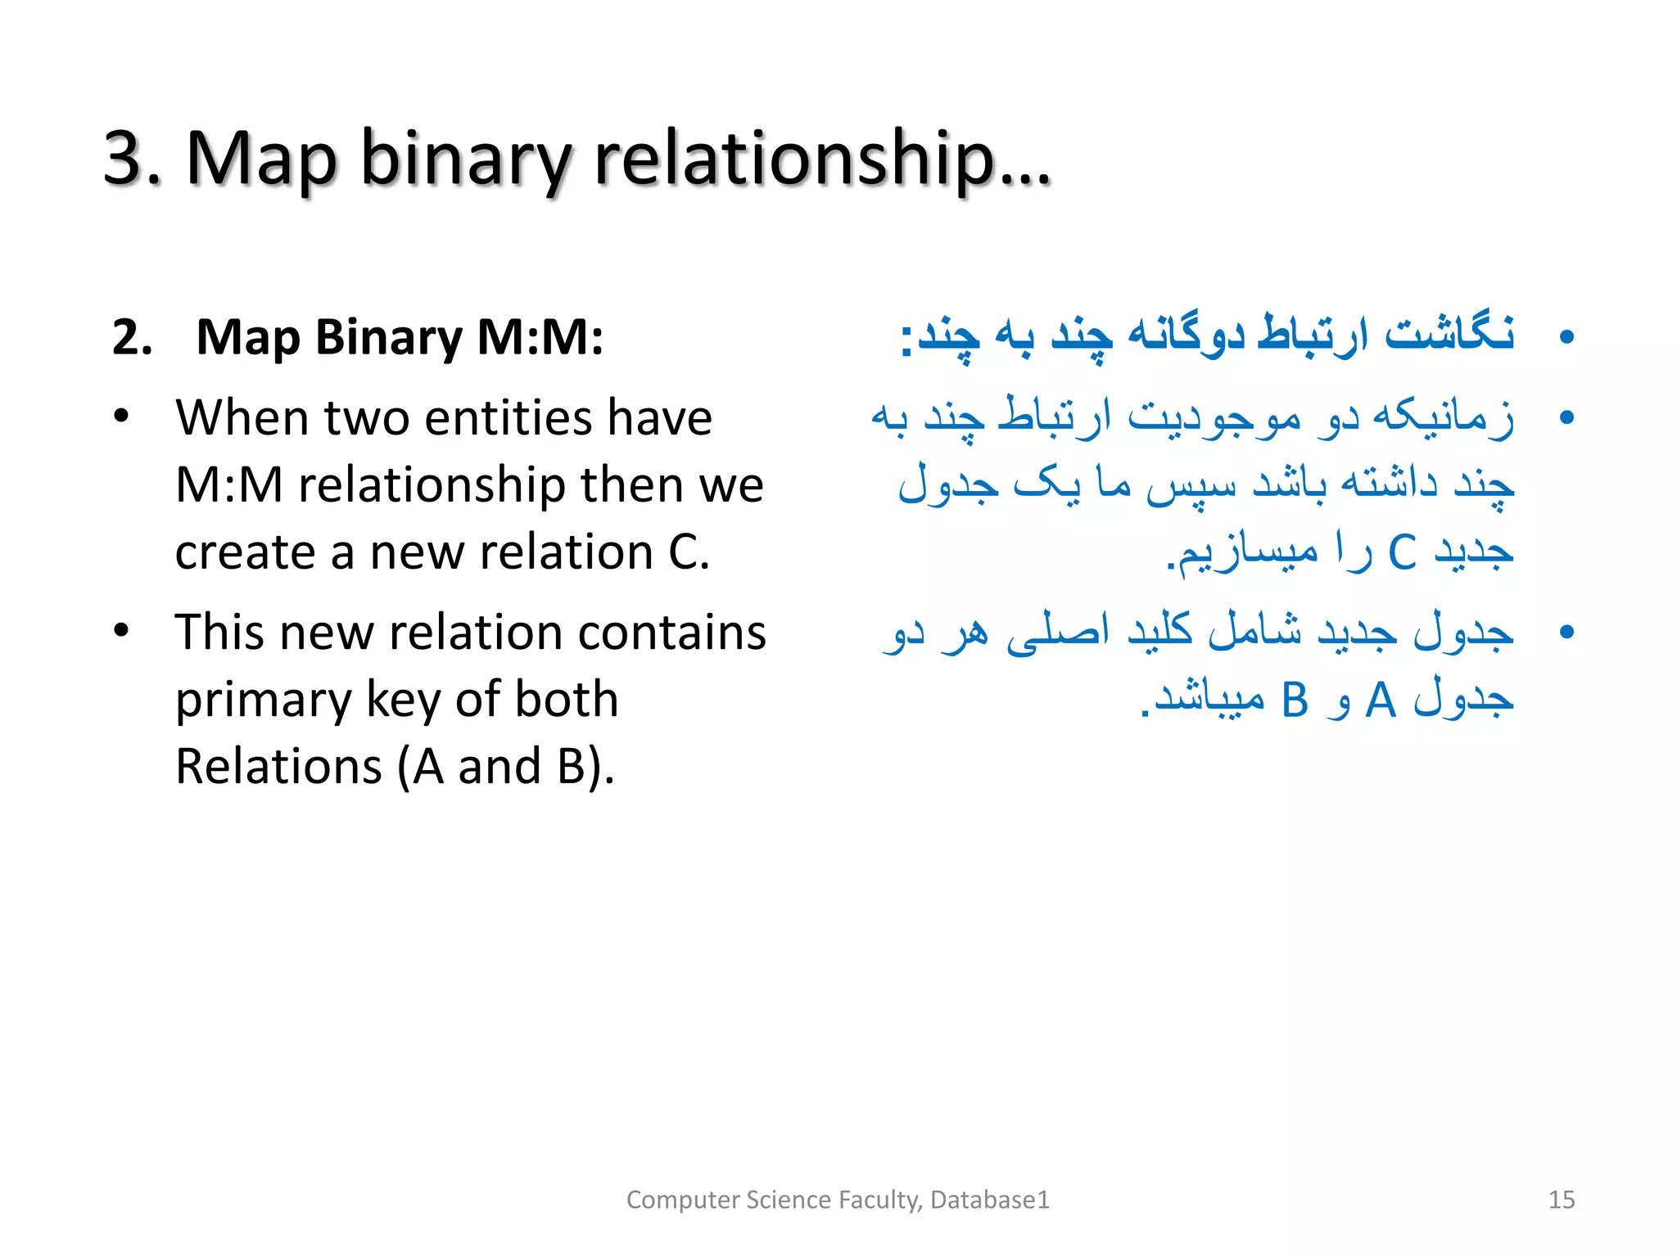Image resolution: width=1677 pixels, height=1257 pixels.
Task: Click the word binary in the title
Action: point(463,160)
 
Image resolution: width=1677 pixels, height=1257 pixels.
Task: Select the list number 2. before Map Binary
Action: point(133,337)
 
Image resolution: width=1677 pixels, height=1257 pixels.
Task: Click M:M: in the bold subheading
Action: point(540,337)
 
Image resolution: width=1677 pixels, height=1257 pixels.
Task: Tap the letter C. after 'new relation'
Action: point(689,552)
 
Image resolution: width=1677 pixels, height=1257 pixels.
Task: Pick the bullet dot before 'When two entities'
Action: point(122,417)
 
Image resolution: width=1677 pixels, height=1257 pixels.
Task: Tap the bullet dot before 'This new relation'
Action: point(122,631)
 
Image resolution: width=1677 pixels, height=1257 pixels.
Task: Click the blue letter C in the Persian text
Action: point(1403,552)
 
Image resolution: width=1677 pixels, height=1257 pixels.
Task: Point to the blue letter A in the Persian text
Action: point(1381,701)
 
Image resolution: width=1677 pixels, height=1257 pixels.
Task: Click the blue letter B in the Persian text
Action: point(1295,701)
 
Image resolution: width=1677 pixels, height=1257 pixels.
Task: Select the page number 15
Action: point(1562,1200)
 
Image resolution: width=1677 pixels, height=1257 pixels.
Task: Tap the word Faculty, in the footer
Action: point(880,1200)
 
